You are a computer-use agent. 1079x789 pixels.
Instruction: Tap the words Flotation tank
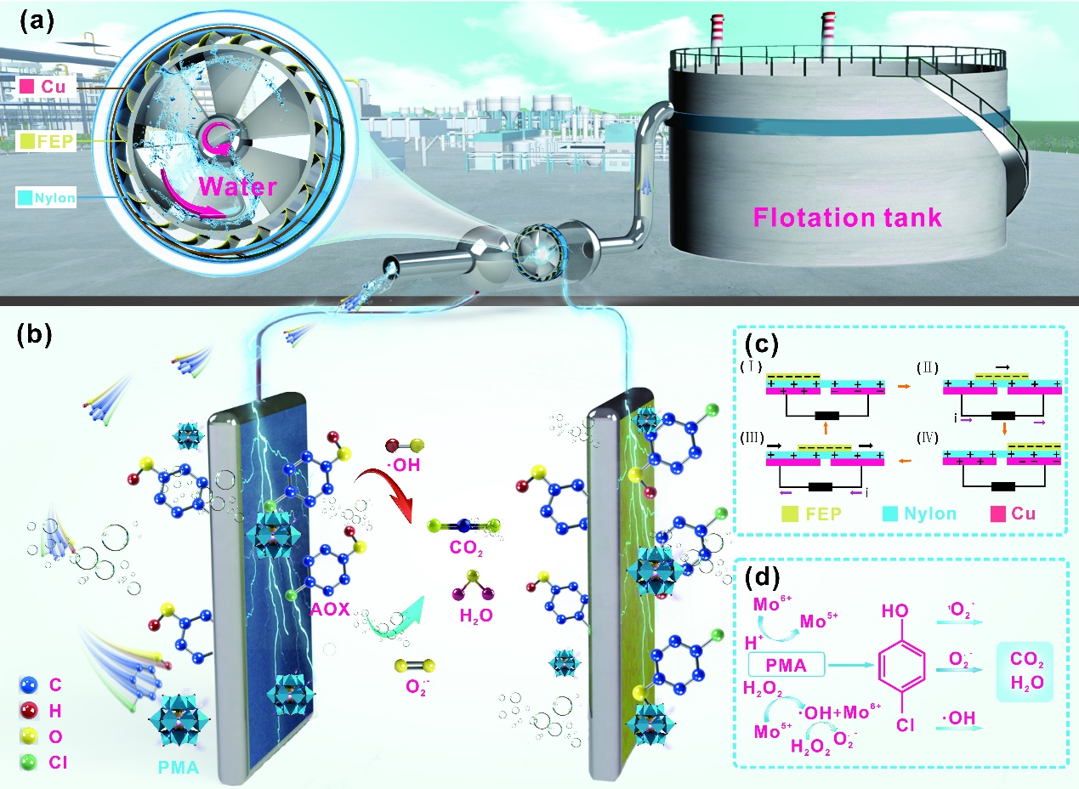[848, 218]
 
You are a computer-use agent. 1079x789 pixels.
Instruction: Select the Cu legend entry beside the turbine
[48, 87]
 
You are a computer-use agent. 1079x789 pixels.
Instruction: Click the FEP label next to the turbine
[46, 141]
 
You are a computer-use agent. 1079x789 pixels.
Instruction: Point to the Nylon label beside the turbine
[46, 197]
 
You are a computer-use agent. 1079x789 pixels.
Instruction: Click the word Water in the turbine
[238, 186]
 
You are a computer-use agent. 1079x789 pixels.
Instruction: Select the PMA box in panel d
[787, 665]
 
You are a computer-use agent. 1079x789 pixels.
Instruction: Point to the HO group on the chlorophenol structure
[895, 610]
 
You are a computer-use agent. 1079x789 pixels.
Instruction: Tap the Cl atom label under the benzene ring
[905, 725]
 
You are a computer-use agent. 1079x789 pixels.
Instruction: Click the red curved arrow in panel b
[389, 491]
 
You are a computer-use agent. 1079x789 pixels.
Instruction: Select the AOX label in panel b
[330, 610]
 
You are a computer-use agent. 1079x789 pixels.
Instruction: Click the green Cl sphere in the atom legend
[29, 763]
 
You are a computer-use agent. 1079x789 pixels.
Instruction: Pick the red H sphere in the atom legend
[29, 711]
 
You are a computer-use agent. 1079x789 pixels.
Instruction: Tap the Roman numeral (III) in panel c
[752, 438]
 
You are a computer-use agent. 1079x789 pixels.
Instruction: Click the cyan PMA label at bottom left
[179, 768]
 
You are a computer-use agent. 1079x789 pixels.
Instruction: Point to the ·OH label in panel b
[404, 465]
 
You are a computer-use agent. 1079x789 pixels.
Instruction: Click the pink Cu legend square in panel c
[998, 514]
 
